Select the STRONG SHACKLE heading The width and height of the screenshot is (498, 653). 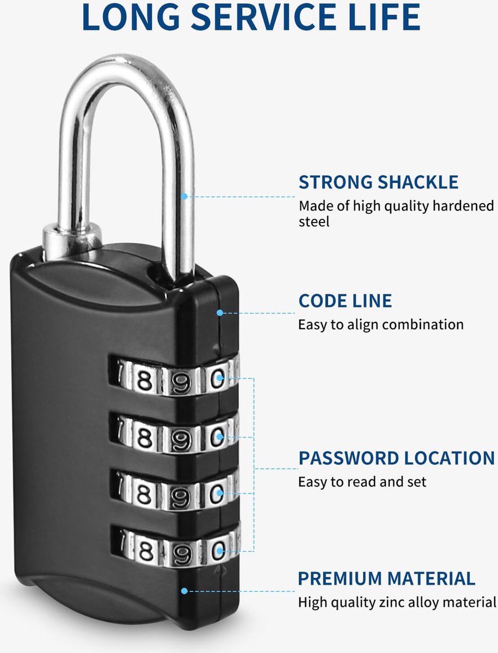tap(378, 182)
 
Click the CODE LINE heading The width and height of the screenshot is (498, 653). tap(345, 300)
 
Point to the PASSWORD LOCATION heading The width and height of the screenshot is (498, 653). tap(397, 458)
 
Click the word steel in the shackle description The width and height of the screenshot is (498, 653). tap(314, 222)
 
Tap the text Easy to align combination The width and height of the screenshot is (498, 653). tap(381, 324)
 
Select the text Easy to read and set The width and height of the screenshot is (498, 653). tap(362, 482)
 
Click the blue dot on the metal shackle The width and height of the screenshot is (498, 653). tap(185, 196)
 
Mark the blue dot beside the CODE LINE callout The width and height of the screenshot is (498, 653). tap(220, 313)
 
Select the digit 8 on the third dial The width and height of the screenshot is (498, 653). tap(145, 494)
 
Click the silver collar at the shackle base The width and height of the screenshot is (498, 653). tap(72, 242)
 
